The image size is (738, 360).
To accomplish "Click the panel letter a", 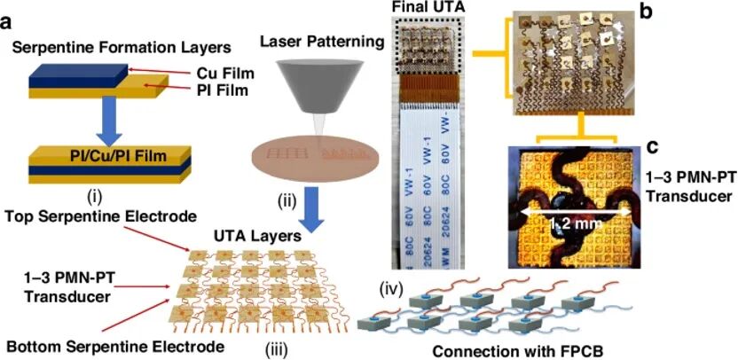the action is (8, 23).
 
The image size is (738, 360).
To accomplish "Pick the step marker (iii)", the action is (274, 350).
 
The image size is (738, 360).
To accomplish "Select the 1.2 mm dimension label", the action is (576, 225).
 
